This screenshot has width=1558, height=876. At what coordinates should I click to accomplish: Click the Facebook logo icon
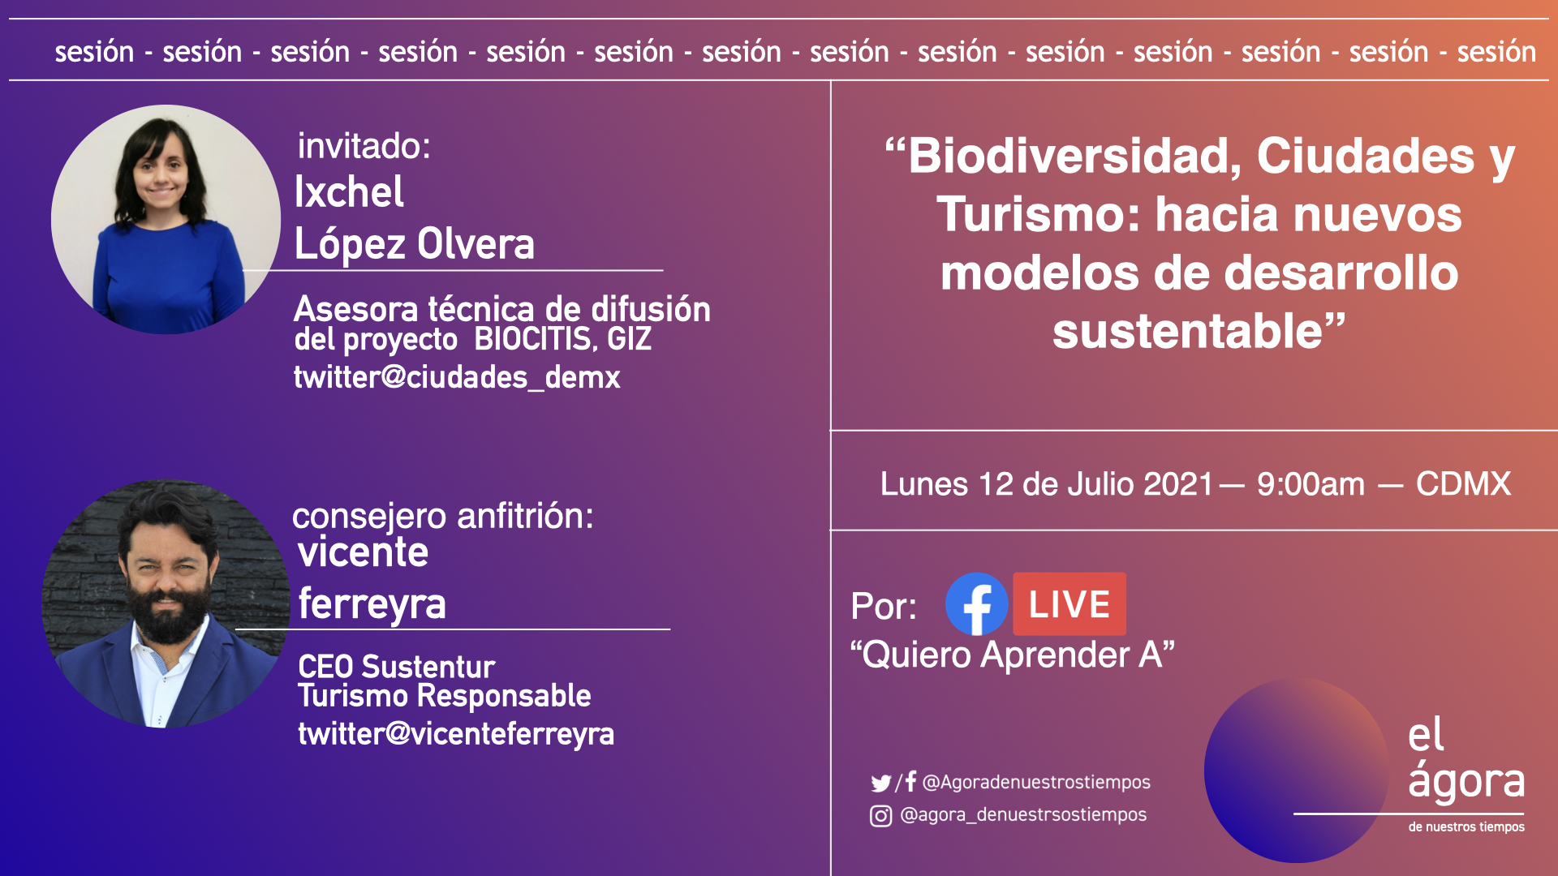click(x=977, y=604)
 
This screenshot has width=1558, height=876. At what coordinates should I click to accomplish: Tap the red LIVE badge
click(x=1070, y=604)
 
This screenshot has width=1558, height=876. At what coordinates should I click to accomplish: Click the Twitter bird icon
click(x=880, y=783)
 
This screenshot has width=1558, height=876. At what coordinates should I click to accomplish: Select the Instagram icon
click(x=880, y=816)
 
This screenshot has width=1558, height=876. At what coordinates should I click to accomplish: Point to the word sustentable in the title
click(x=1188, y=332)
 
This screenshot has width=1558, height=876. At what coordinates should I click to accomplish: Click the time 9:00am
click(x=1311, y=484)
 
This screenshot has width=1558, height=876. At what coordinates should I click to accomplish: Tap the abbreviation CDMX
click(x=1463, y=484)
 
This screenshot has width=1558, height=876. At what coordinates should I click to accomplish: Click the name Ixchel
click(x=349, y=192)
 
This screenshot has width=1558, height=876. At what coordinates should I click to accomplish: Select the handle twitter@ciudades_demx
click(x=457, y=377)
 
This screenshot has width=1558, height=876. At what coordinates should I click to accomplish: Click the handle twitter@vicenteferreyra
click(x=456, y=734)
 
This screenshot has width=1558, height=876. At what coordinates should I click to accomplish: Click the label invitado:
click(x=364, y=146)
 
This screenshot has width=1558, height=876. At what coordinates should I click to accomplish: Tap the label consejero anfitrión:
click(x=443, y=517)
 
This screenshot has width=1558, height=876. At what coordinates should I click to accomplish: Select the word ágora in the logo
click(x=1466, y=781)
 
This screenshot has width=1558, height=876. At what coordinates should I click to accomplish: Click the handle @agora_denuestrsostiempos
click(x=1023, y=815)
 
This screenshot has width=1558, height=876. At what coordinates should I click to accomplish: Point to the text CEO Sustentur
click(x=396, y=667)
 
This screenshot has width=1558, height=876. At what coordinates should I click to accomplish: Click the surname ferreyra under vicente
click(x=372, y=604)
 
